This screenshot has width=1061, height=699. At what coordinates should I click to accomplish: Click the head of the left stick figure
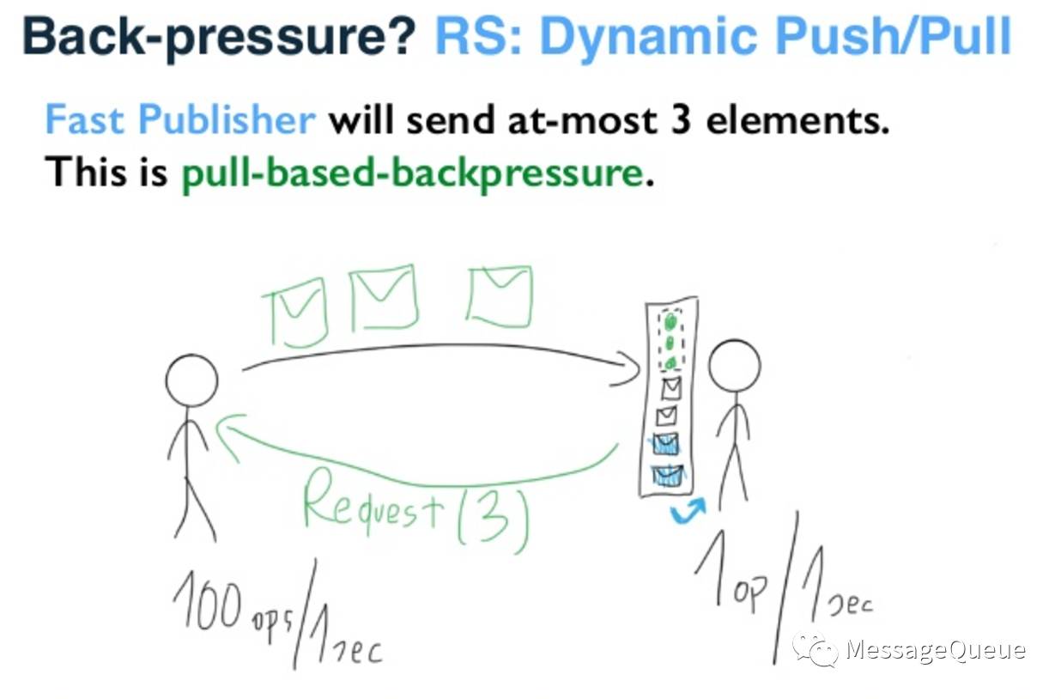191,380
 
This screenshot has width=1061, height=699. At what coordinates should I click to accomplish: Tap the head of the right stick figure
734,366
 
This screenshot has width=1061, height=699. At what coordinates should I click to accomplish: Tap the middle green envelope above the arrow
384,298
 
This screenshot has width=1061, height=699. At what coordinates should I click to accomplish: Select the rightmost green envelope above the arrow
499,296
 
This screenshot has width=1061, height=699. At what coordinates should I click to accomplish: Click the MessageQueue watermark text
935,649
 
